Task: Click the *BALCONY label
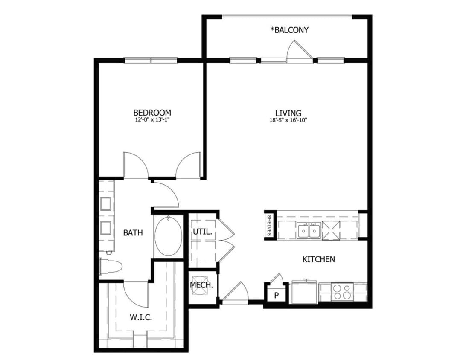pos(289,30)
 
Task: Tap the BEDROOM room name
pos(152,113)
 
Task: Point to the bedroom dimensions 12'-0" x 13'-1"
pos(152,120)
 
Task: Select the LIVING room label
pos(288,113)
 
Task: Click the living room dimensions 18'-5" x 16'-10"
pos(288,120)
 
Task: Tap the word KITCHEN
pos(318,259)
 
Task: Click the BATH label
pos(133,233)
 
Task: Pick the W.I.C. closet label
pos(141,317)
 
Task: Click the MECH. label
pos(201,285)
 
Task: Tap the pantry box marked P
pos(276,294)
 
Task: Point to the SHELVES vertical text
pos(269,225)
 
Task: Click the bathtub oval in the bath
pos(169,237)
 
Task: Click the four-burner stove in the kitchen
pos(343,292)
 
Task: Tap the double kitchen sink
pos(309,231)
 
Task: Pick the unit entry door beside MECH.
pos(235,293)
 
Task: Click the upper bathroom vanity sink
pos(106,203)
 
